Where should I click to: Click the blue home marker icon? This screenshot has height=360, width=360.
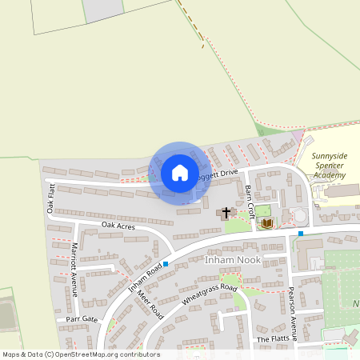[x=179, y=173]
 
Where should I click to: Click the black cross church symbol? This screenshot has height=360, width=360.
[x=226, y=213]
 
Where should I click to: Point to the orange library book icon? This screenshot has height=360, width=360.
[x=267, y=222]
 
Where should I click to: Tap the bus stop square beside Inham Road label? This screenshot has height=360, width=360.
[x=166, y=264]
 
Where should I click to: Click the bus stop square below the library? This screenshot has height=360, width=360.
[x=301, y=234]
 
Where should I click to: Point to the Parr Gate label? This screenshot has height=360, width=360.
[x=82, y=318]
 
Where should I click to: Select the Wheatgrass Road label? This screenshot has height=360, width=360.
[x=210, y=294]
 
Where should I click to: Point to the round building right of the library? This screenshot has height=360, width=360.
[x=299, y=216]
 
